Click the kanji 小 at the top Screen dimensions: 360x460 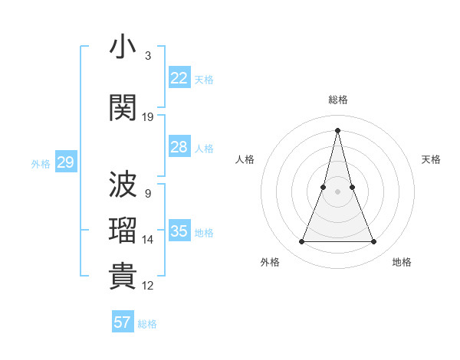pos(123,47)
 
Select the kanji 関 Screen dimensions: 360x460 pos(123,107)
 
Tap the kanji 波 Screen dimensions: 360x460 pos(123,185)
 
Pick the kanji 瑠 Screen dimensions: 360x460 pos(123,231)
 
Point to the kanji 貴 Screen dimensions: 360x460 pos(123,277)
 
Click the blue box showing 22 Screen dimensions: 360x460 pos(179,78)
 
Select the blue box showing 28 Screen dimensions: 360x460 pos(179,147)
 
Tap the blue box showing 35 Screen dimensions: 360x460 pos(179,231)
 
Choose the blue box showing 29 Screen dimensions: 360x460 pos(65,162)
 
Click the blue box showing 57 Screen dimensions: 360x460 pos(122,322)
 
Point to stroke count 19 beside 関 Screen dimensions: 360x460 pos(148,116)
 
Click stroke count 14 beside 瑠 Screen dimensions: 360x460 pos(148,240)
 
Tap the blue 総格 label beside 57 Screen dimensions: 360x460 pos(147,324)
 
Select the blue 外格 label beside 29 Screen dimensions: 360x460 pos(41,163)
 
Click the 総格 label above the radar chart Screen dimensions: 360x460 pos(337,100)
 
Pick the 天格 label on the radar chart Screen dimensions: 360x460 pos(432,159)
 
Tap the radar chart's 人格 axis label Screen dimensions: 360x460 pos(245,159)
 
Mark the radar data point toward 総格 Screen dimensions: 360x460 pos(337,129)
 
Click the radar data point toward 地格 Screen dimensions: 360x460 pos(373,242)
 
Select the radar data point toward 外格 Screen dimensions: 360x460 pos(301,242)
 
